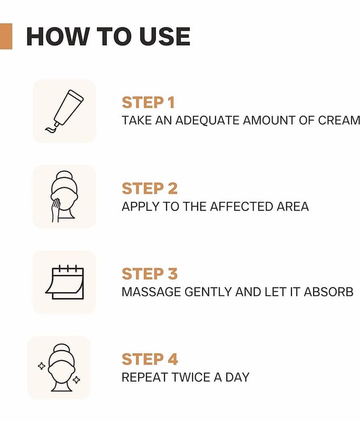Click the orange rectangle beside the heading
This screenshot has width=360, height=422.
pos(6,36)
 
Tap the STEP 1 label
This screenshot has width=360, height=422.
pos(149,102)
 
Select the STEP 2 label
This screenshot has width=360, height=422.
pos(150,188)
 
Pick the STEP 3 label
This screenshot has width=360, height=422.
pos(150,274)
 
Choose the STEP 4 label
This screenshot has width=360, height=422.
pos(150,359)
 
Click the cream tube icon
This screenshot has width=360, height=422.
pos(64,111)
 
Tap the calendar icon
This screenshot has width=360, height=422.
pos(64,282)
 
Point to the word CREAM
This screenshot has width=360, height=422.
pos(339,120)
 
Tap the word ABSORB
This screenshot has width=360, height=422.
pos(328,292)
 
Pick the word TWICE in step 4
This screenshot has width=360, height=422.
pos(191,377)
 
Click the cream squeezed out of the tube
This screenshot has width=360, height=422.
pos(51,130)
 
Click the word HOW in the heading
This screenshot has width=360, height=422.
pos(57,36)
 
